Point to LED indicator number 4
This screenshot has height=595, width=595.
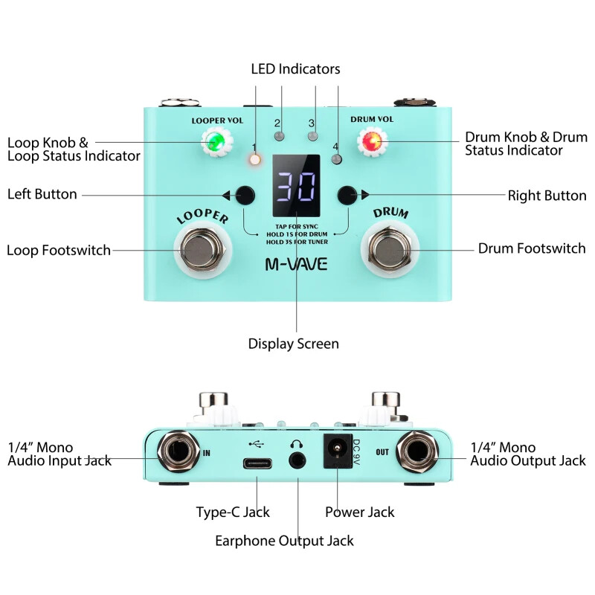coord(337,159)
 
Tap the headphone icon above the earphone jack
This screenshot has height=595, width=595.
coord(297,443)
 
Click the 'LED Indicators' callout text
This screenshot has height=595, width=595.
coord(295,69)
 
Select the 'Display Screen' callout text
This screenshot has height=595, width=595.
coord(293,344)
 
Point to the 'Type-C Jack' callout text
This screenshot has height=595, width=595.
coord(233,512)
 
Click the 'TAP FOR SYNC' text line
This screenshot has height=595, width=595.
coord(296,225)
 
